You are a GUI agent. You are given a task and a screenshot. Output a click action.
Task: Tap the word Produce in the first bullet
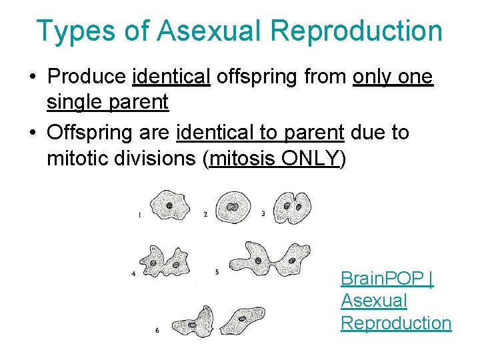point(86,77)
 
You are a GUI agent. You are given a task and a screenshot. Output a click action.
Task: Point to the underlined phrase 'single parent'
point(107,102)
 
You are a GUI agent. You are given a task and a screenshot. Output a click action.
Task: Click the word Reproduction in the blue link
point(396,323)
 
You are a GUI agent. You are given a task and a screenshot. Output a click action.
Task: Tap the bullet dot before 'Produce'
point(32,78)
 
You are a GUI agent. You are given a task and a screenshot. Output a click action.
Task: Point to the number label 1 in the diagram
point(139,215)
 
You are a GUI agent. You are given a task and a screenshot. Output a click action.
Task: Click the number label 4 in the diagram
point(134,273)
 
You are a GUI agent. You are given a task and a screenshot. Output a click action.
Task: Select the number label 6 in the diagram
point(157,331)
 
